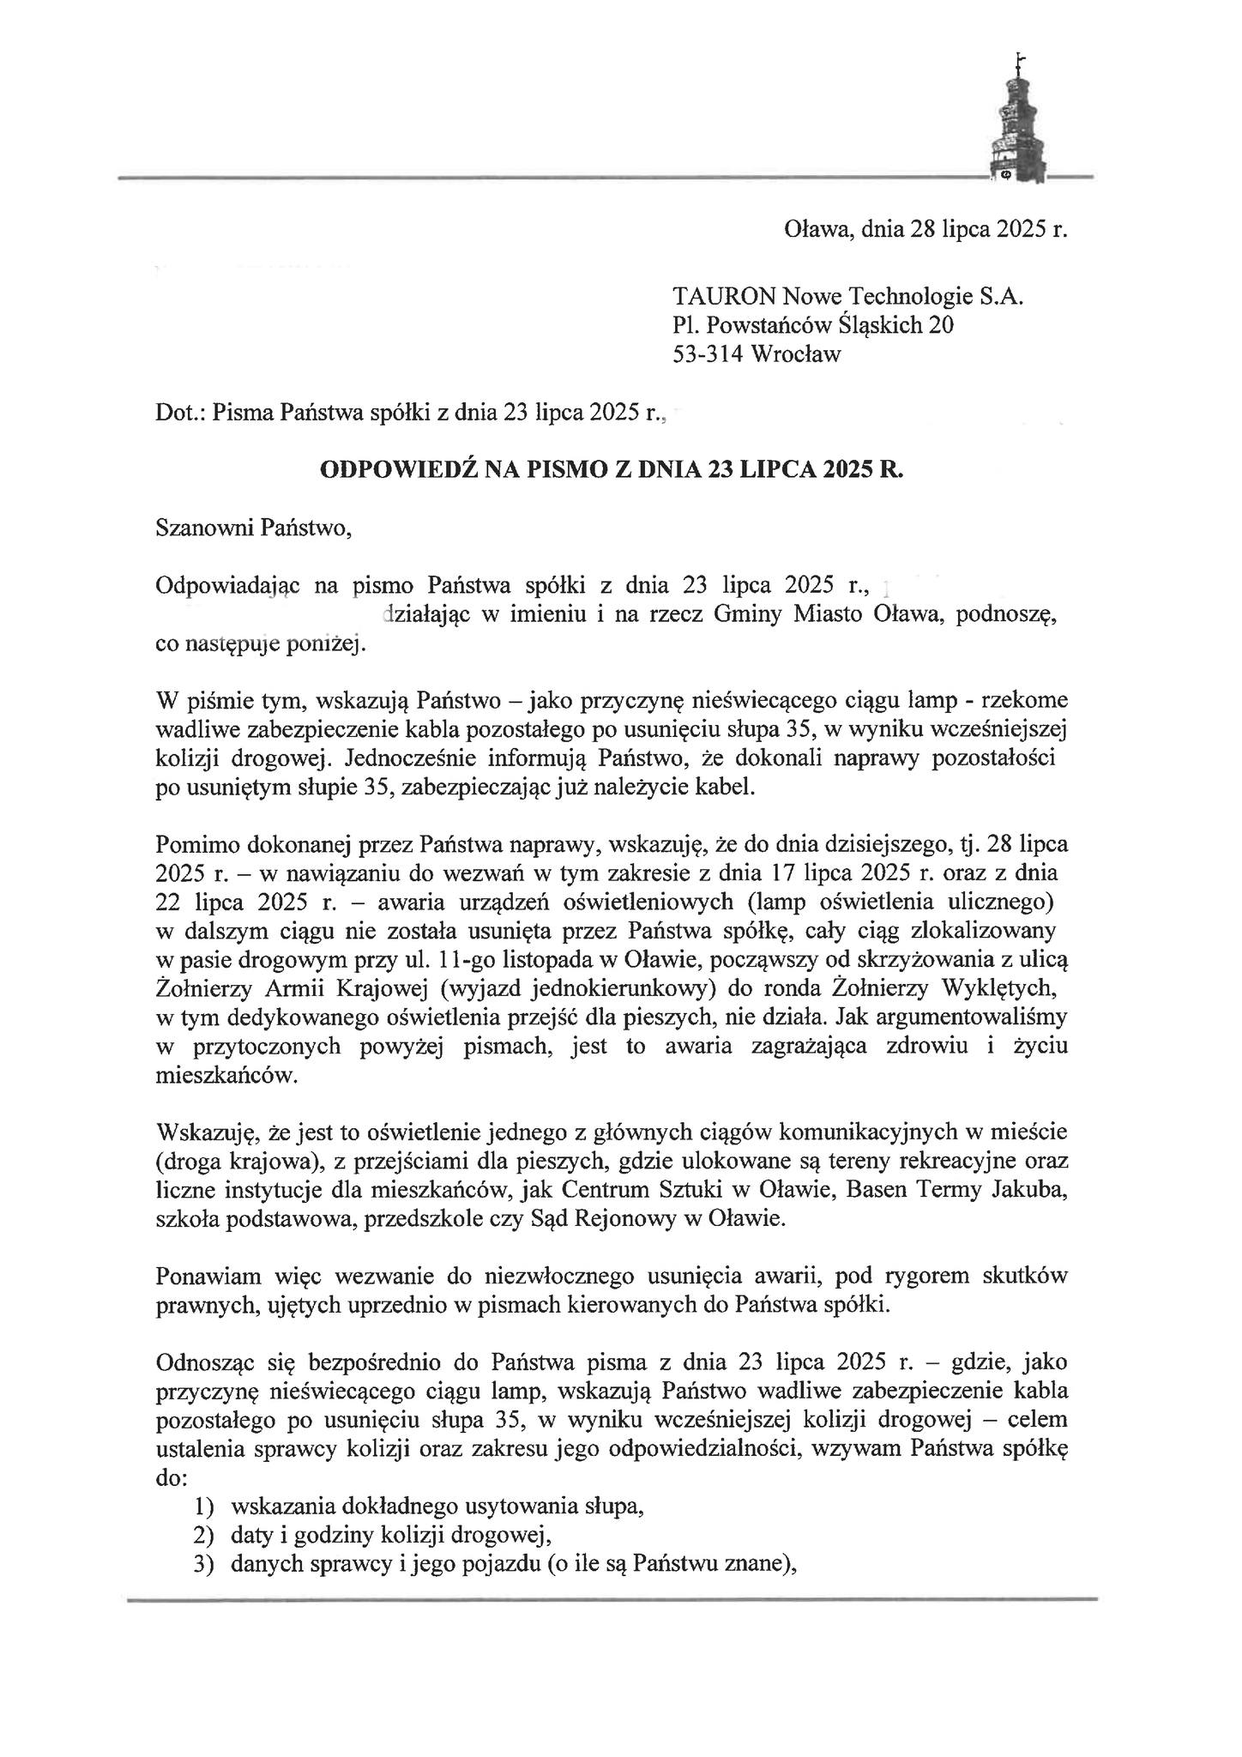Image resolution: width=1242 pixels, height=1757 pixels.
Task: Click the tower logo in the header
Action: pyautogui.click(x=1018, y=120)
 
